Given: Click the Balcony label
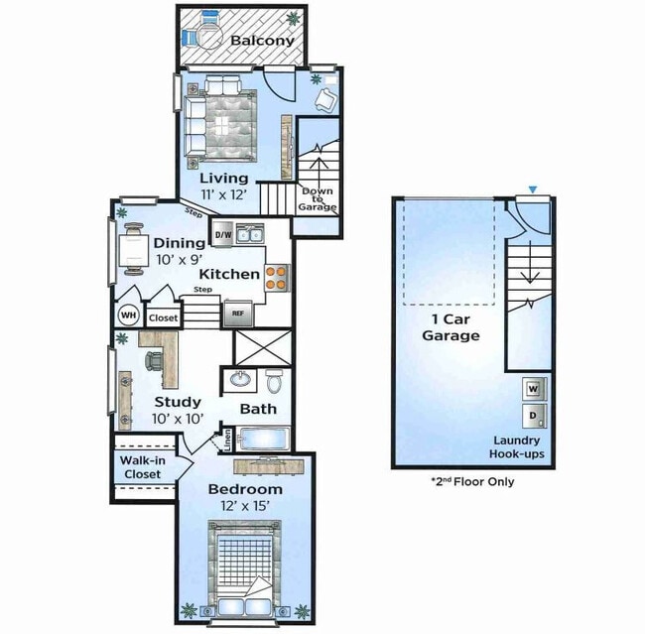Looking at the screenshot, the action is [x=262, y=41].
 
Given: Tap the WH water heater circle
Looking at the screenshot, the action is [x=129, y=316].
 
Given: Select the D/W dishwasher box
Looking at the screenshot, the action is [x=223, y=234].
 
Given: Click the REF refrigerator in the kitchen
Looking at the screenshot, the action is [x=238, y=314].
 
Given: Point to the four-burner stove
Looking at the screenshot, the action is [x=277, y=278].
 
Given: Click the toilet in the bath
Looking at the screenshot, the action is [x=274, y=380].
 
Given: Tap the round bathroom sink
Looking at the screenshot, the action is [x=240, y=379].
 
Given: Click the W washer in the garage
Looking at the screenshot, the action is [x=534, y=389].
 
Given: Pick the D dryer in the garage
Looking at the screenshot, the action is [x=534, y=416].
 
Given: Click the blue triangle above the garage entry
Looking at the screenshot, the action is [x=533, y=190].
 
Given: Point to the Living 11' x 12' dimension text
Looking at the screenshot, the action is [x=224, y=194].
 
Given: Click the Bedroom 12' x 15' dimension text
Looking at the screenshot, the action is [x=245, y=506].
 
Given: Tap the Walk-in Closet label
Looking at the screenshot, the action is [x=142, y=467].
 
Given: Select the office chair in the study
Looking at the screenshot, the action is [x=154, y=361].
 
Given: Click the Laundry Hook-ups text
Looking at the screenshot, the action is [x=517, y=447].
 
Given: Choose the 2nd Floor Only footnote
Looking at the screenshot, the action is [x=472, y=481].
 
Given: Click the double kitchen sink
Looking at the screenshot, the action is [x=250, y=234].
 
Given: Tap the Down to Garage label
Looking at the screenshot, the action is [x=318, y=199].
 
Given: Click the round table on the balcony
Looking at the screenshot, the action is [x=209, y=34].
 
